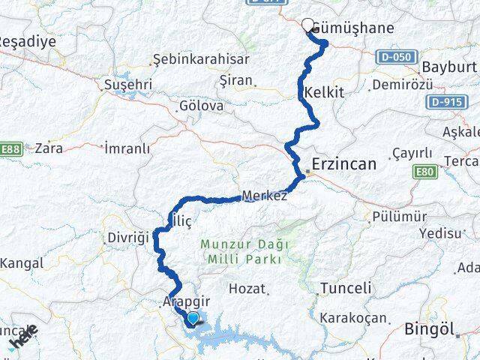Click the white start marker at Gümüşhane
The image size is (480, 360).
(307, 23)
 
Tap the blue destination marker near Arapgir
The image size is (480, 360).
(193, 319)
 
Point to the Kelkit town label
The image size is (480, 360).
(324, 93)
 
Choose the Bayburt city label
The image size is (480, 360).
(449, 67)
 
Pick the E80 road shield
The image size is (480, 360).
(424, 172)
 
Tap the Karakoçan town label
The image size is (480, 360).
(352, 318)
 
